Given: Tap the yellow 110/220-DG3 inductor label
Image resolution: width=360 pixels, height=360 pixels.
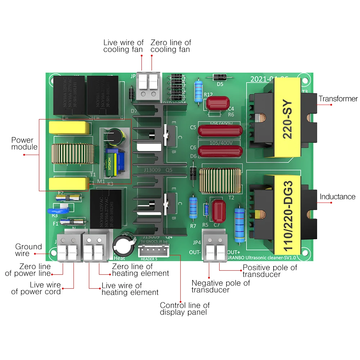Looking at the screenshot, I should tap(288, 215).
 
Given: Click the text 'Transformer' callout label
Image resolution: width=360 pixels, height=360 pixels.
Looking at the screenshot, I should tap(338, 99).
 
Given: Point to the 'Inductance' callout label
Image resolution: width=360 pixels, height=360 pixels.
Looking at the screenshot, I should tap(337, 197).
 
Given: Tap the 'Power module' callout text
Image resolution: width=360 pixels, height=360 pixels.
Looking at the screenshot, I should tap(24, 144).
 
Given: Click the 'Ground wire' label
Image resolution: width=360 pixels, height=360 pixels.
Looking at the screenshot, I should tap(28, 250).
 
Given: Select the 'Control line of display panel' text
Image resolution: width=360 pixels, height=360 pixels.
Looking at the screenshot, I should tap(185, 309).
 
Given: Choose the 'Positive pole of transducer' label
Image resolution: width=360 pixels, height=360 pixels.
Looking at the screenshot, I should tap(270, 271).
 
